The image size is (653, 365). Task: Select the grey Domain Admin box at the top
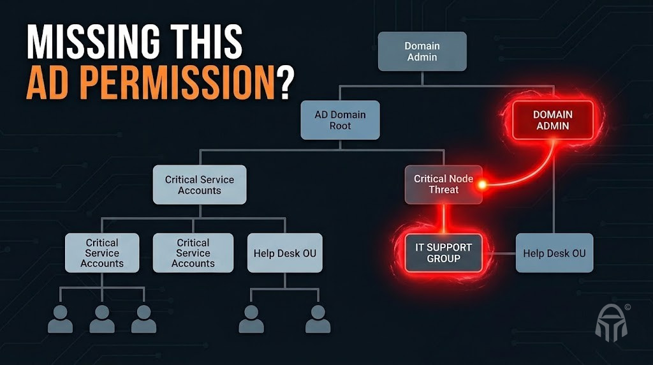(x=422, y=51)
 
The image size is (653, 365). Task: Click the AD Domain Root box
(x=340, y=120)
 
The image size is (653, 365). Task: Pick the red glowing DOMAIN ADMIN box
(x=553, y=120)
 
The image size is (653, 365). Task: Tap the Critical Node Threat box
(x=443, y=184)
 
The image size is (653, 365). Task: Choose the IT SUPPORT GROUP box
(x=444, y=253)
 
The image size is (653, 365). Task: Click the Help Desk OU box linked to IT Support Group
(x=554, y=253)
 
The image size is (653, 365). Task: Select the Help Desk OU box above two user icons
(x=284, y=253)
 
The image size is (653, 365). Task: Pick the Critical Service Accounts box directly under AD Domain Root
(x=200, y=184)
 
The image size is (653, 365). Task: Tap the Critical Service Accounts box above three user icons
(x=102, y=253)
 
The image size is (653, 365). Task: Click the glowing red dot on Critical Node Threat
(x=483, y=184)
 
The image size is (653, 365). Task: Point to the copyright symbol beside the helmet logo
(x=627, y=307)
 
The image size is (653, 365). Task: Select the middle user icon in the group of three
(x=102, y=318)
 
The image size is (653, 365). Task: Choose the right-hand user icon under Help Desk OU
(x=318, y=318)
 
